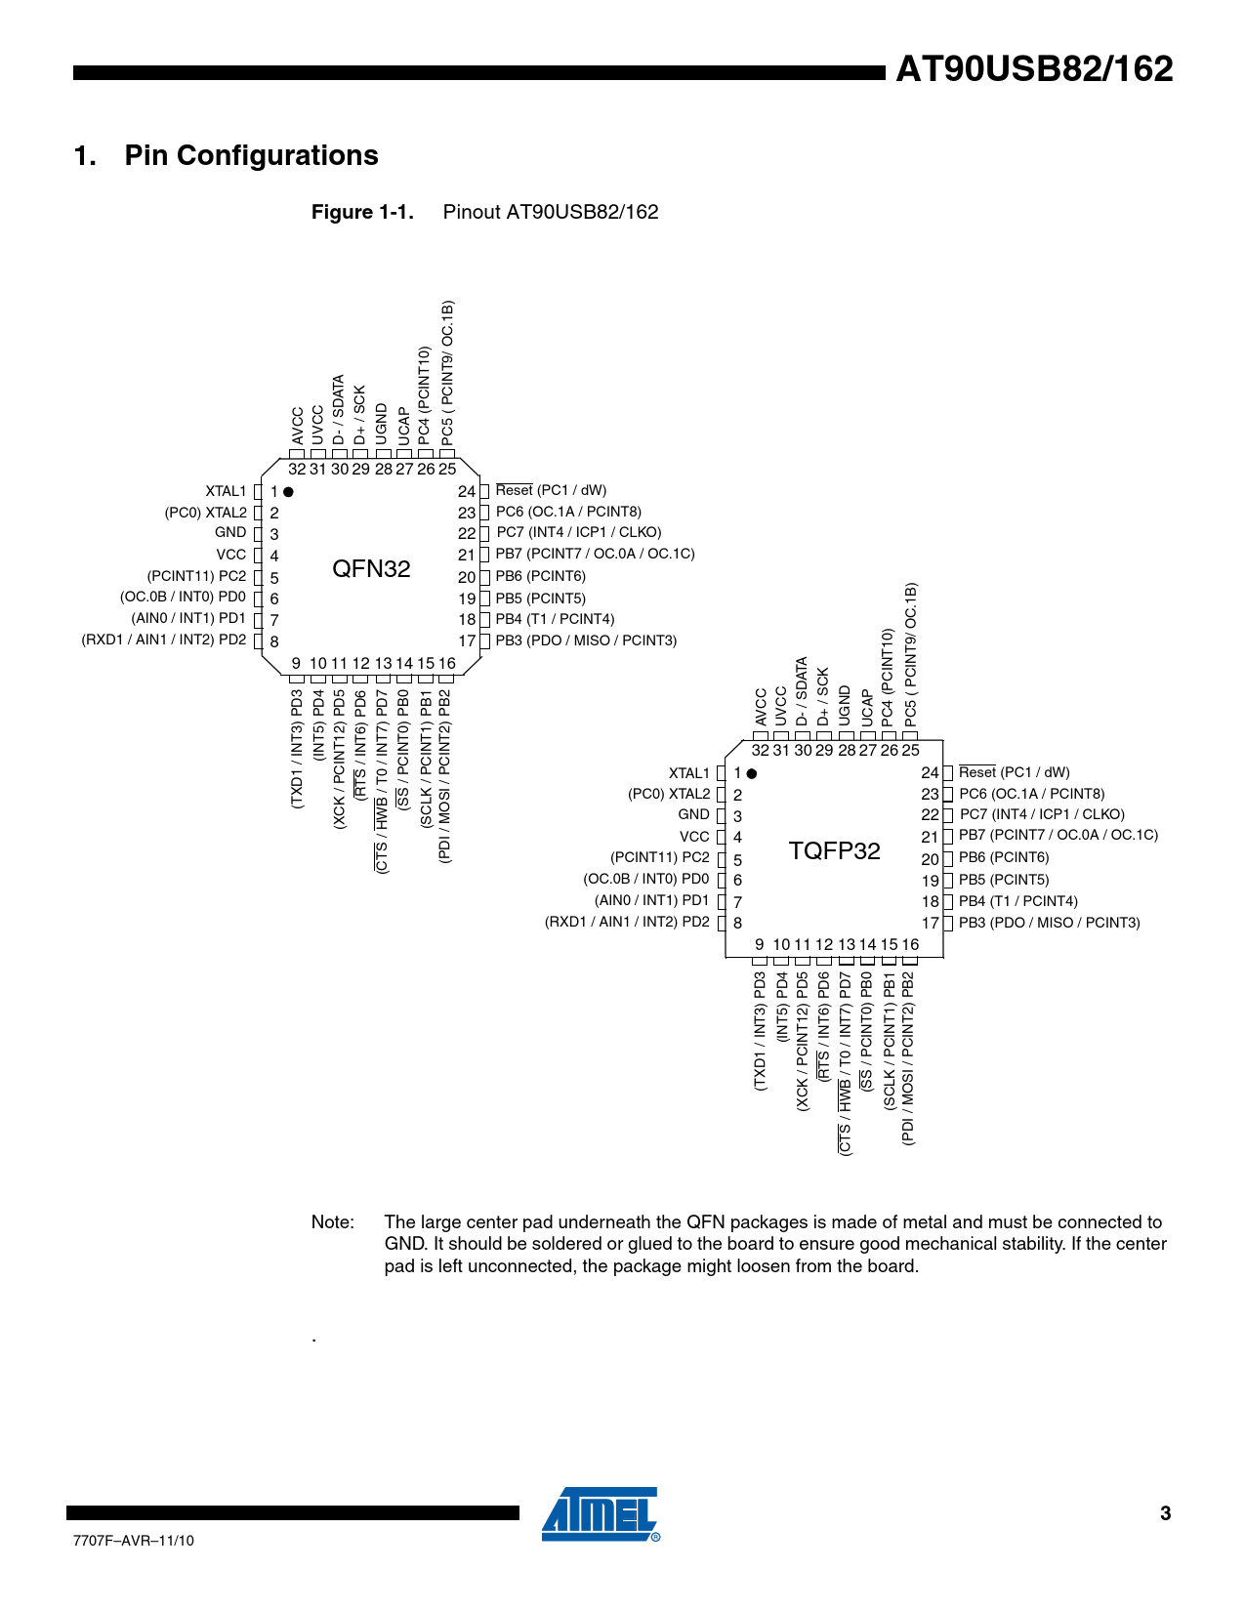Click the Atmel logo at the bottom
[x=600, y=1514]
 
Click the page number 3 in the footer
[x=1165, y=1513]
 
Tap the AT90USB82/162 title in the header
[x=1034, y=69]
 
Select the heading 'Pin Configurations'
[x=251, y=156]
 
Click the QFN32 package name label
[x=371, y=569]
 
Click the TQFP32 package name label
[x=834, y=851]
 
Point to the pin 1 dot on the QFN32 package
[x=288, y=491]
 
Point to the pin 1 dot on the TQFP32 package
[x=751, y=773]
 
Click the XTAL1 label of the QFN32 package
[x=226, y=491]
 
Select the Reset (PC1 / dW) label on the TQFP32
[x=1014, y=772]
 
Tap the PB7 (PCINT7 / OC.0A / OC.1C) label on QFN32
[x=595, y=554]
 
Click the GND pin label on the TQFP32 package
[x=693, y=814]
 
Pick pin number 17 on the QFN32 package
[x=467, y=641]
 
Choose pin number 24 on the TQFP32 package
[x=930, y=773]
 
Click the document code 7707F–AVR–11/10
[x=134, y=1541]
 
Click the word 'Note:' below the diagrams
[x=332, y=1222]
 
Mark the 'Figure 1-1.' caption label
[x=362, y=213]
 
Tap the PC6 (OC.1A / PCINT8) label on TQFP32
[x=1031, y=794]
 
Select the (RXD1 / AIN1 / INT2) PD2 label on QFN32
[x=164, y=640]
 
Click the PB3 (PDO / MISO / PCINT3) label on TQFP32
[x=1049, y=923]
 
